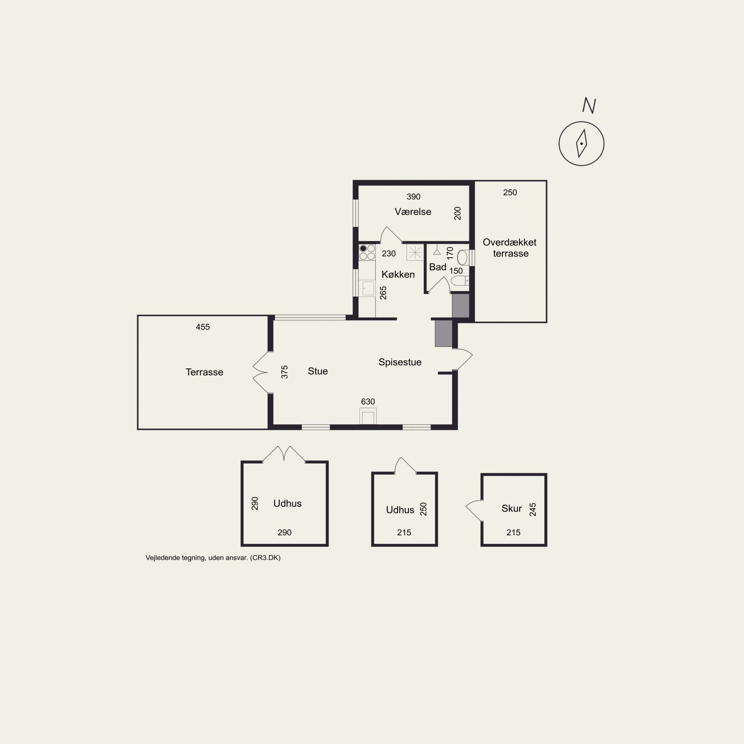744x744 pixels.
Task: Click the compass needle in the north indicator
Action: [x=582, y=143]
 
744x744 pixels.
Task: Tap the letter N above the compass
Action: [x=589, y=106]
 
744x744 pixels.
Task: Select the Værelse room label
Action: [x=413, y=212]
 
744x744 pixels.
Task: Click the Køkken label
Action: [x=398, y=274]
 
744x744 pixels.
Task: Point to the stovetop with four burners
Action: [x=367, y=252]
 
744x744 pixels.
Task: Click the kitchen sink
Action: [x=368, y=288]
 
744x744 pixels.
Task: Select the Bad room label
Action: [x=438, y=267]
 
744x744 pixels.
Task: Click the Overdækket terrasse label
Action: [x=510, y=248]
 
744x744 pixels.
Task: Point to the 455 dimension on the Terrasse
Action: [x=203, y=327]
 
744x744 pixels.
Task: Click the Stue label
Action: [x=318, y=371]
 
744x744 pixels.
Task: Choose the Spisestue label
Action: [x=400, y=362]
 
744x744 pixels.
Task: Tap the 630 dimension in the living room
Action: [x=368, y=402]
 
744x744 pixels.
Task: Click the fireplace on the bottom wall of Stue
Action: [x=368, y=416]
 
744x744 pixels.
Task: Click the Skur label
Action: [x=511, y=509]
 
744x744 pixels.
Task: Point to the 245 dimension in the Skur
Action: [x=533, y=509]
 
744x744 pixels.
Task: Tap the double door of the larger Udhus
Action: [x=284, y=454]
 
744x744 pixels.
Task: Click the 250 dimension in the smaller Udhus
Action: [x=423, y=509]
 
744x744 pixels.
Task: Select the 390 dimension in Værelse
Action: [x=413, y=197]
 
